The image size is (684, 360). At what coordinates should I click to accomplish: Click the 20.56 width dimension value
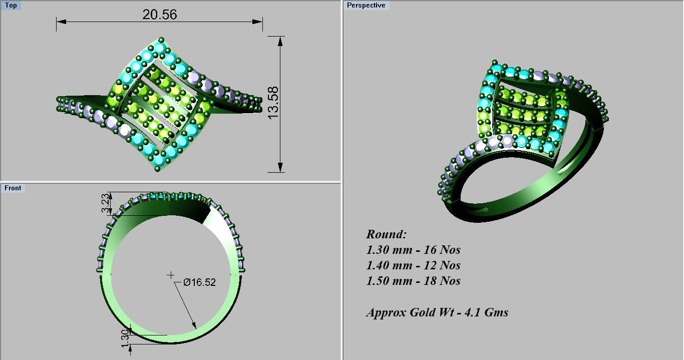(x=159, y=15)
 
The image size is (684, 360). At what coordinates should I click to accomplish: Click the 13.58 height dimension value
(x=273, y=103)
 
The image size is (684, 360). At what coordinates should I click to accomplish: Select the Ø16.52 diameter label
(x=199, y=282)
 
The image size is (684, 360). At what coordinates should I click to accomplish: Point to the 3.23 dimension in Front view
(x=105, y=204)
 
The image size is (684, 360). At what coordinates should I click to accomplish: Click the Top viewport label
(x=11, y=6)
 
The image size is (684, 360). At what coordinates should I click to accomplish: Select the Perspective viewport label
(x=366, y=6)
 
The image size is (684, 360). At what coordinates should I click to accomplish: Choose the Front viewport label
(x=13, y=188)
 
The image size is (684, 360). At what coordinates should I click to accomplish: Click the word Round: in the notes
(x=387, y=234)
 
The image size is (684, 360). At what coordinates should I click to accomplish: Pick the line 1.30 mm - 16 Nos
(x=413, y=250)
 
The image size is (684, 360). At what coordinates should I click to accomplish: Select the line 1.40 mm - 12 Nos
(x=413, y=265)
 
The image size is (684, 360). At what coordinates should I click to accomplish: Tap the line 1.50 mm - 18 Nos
(x=413, y=281)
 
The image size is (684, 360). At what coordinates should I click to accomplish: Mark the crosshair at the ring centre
(x=171, y=274)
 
